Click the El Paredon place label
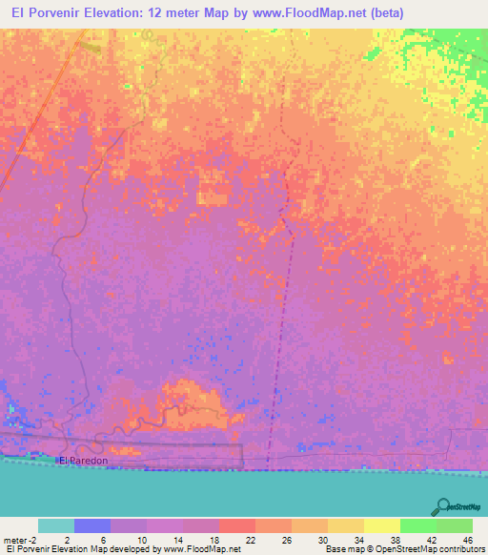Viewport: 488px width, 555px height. click(x=84, y=461)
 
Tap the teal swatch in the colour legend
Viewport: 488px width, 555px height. click(x=55, y=525)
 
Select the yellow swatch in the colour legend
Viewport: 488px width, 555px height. click(x=381, y=525)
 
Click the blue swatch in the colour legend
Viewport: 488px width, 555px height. click(x=91, y=525)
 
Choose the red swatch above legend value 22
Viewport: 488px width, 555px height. click(x=236, y=525)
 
